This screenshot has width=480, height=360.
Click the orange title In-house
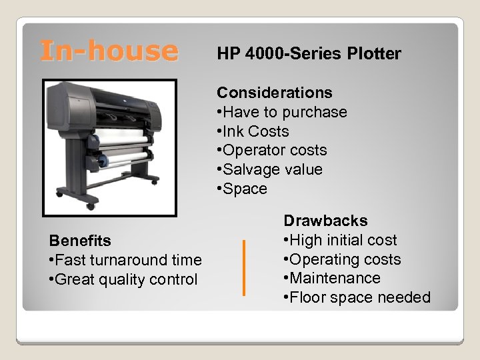point(109,51)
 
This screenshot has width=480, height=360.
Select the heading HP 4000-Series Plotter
point(309,54)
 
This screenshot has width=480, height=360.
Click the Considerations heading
point(275,93)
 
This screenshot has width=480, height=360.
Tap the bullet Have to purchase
point(282,112)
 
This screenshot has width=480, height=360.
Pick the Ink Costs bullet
point(253,131)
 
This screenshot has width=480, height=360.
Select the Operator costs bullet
point(272,151)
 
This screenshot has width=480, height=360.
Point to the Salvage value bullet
point(270,170)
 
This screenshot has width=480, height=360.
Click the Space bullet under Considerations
point(242,189)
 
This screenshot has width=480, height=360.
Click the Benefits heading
point(80,241)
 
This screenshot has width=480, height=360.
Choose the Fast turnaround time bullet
point(125,260)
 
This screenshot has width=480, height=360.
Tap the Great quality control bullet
point(123,279)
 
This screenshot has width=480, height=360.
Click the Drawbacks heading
point(325,221)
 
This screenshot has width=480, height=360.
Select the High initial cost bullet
point(340,240)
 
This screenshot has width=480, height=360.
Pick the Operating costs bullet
point(342,259)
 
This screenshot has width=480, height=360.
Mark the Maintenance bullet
point(332,278)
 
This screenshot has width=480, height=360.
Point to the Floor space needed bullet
point(357,297)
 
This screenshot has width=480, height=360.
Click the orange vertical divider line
point(245,267)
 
